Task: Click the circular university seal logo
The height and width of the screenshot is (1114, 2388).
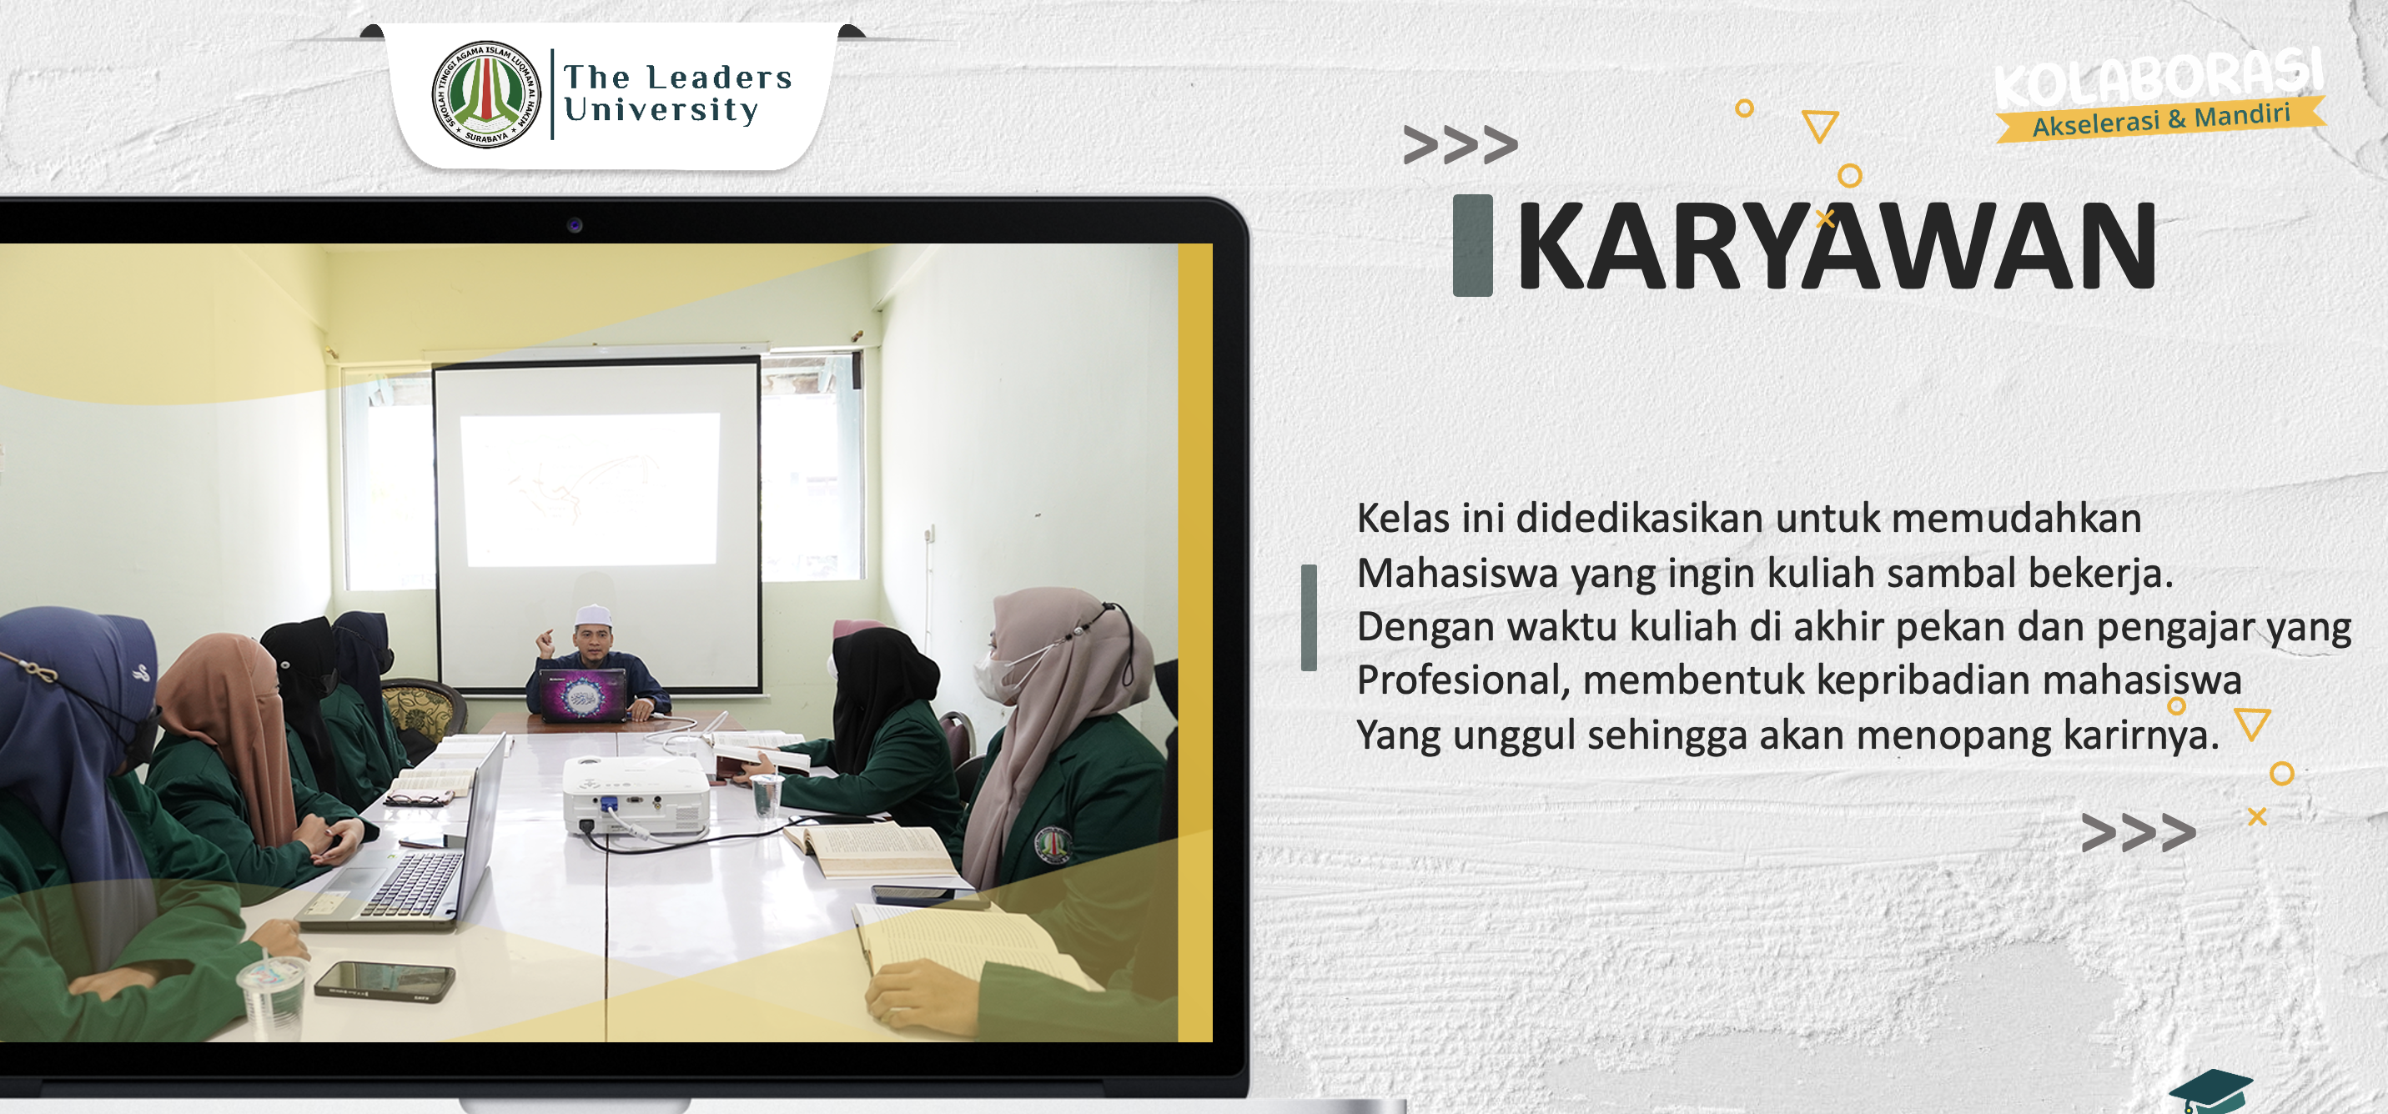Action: [x=486, y=93]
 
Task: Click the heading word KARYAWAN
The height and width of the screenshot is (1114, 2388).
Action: [x=1837, y=246]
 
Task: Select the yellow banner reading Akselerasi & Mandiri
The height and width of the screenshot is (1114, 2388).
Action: [x=2161, y=119]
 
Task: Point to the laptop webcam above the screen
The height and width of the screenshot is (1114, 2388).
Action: [x=575, y=225]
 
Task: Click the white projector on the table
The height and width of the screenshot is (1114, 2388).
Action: [x=636, y=795]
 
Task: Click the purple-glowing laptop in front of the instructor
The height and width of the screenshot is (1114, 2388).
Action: [x=583, y=694]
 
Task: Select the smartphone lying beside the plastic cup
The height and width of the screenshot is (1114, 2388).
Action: [x=385, y=981]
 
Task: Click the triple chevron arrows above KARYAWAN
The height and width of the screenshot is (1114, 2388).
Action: [x=1460, y=144]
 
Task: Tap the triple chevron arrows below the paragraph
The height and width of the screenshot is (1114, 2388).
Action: [x=2138, y=831]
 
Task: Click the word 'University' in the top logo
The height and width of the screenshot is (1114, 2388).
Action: [x=661, y=110]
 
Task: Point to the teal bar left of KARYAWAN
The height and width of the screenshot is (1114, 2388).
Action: [x=1472, y=246]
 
